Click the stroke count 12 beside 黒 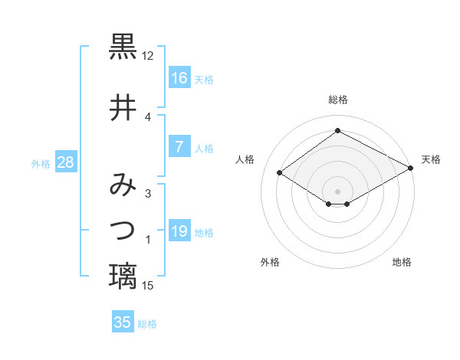pyautogui.click(x=148, y=56)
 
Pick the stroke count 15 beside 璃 pyautogui.click(x=148, y=286)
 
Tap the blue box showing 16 pyautogui.click(x=179, y=78)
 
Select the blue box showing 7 pyautogui.click(x=179, y=147)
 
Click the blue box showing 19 pyautogui.click(x=179, y=231)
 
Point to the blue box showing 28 pyautogui.click(x=65, y=162)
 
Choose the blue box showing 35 pyautogui.click(x=123, y=322)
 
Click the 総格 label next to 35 pyautogui.click(x=148, y=324)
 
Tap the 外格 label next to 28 pyautogui.click(x=41, y=163)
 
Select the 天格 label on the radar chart pyautogui.click(x=431, y=159)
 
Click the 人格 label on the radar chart pyautogui.click(x=245, y=159)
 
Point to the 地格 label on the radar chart pyautogui.click(x=402, y=262)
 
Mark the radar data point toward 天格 pyautogui.click(x=412, y=169)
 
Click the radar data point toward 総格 pyautogui.click(x=337, y=130)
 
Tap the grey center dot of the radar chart pyautogui.click(x=337, y=190)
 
